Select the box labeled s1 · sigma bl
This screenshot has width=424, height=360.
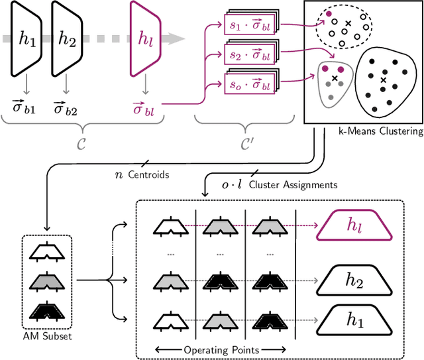pyautogui.click(x=248, y=25)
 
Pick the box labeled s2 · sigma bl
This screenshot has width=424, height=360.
pyautogui.click(x=248, y=54)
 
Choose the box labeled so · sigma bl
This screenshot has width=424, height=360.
pyautogui.click(x=248, y=84)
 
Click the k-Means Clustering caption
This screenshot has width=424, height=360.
pyautogui.click(x=378, y=131)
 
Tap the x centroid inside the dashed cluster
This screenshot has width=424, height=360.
pyautogui.click(x=348, y=25)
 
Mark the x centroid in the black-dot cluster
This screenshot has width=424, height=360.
pyautogui.click(x=384, y=80)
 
